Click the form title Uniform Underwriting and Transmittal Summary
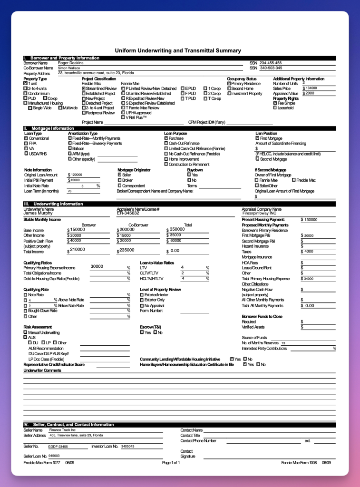click(178, 50)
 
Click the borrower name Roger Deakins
click(70, 63)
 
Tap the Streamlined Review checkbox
click(84, 88)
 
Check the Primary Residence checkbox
click(229, 84)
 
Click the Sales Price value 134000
click(311, 88)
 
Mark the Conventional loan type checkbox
click(26, 138)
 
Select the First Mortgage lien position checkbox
click(257, 138)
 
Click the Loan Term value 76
click(69, 191)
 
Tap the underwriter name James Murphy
click(38, 213)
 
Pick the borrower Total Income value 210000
click(78, 250)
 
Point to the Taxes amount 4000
click(309, 252)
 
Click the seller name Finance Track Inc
click(62, 430)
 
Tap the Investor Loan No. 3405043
click(127, 447)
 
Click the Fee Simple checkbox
click(275, 103)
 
